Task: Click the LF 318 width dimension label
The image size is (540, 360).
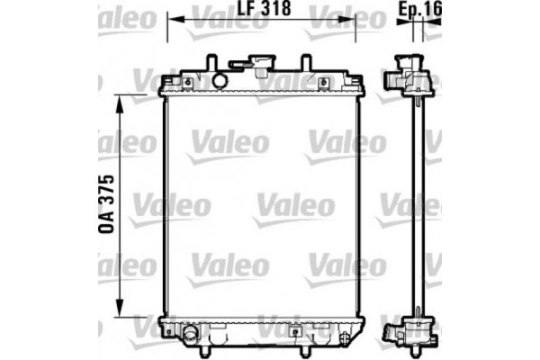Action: [261, 12]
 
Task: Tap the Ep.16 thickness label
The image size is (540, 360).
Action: [418, 12]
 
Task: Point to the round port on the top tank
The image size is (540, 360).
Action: [220, 81]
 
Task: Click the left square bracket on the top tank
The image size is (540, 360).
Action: [187, 83]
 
